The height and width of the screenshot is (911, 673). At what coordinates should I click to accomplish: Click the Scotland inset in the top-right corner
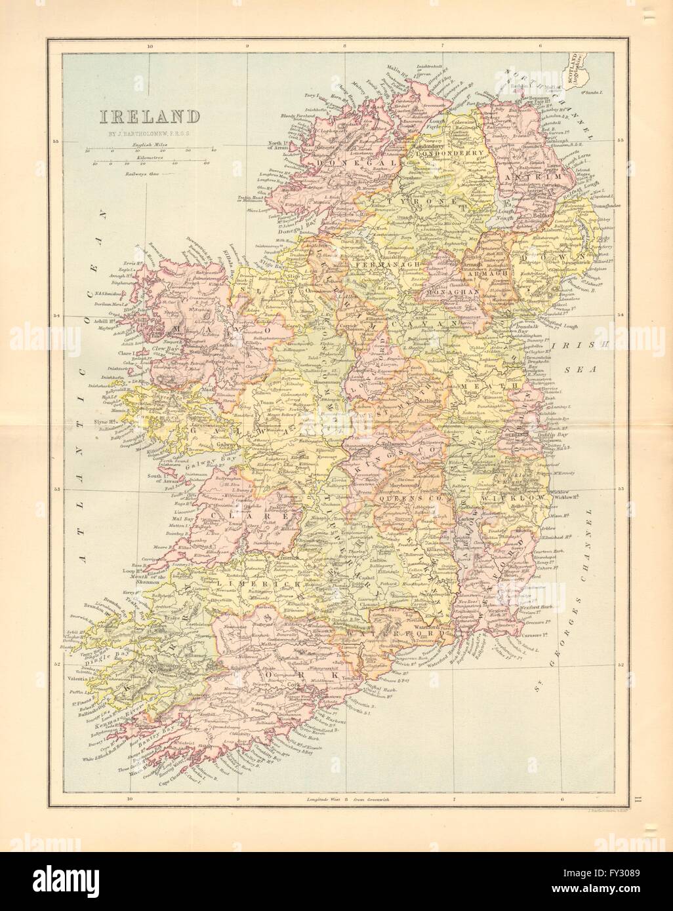579,68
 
